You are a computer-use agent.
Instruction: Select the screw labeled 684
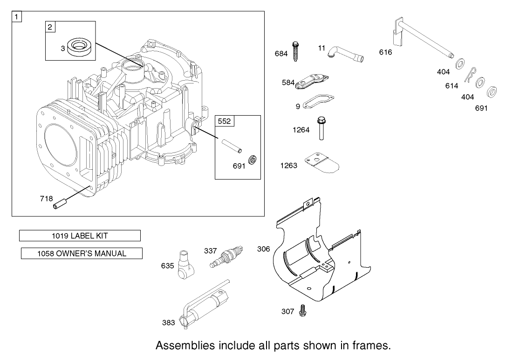tap(295, 52)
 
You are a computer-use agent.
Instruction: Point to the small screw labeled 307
tap(302, 309)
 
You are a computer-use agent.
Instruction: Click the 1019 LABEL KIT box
tap(80, 236)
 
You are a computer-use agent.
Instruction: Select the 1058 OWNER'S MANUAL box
tap(82, 254)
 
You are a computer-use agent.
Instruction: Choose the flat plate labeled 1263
tap(321, 163)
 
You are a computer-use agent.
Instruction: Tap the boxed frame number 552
tap(225, 121)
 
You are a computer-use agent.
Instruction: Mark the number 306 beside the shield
tap(264, 249)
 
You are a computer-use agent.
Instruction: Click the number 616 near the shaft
tap(386, 53)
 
